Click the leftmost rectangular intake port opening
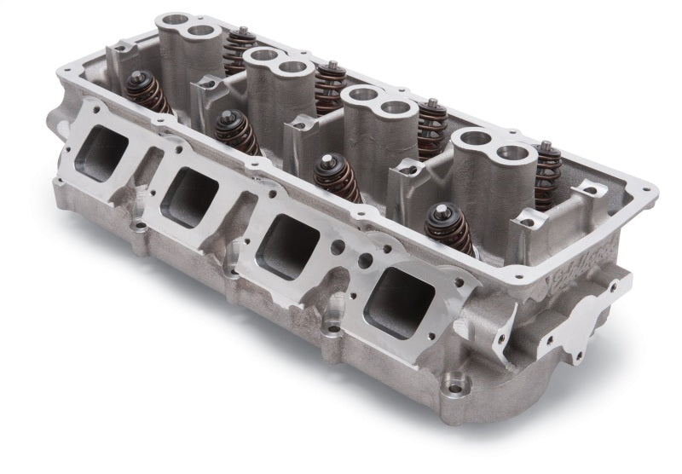click(x=101, y=153)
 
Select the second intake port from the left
click(x=189, y=195)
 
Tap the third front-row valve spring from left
click(x=338, y=176)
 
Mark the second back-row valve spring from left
click(x=330, y=88)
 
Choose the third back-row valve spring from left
click(x=432, y=128)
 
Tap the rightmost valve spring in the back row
click(x=546, y=175)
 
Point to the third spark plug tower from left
click(x=379, y=124)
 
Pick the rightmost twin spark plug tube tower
click(x=489, y=171)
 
